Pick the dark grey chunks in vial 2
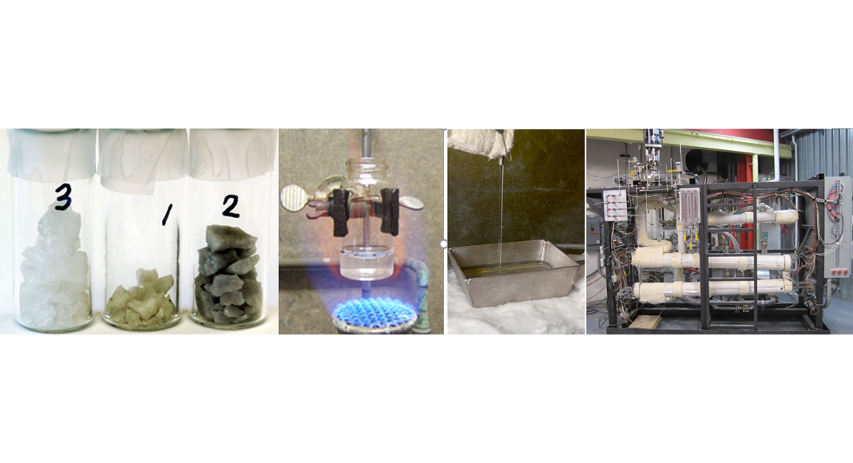pyautogui.click(x=227, y=275)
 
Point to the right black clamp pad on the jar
pyautogui.click(x=390, y=211)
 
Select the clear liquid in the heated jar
pyautogui.click(x=367, y=262)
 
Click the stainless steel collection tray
pyautogui.click(x=514, y=273)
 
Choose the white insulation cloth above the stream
pyautogui.click(x=479, y=144)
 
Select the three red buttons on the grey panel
pyautogui.click(x=837, y=271)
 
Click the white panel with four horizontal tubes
pyautogui.click(x=615, y=205)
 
